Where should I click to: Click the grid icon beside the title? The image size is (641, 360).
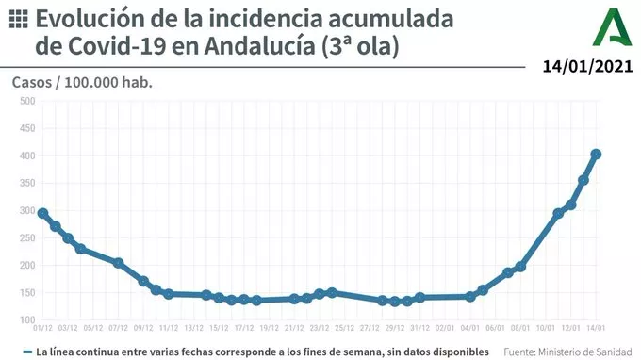[18, 19]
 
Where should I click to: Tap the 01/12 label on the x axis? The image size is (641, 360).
[42, 329]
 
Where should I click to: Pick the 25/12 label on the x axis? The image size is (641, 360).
[344, 329]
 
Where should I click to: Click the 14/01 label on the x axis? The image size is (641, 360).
[595, 329]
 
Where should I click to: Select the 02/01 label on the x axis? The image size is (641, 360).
[445, 329]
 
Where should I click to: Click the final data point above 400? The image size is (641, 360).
[596, 154]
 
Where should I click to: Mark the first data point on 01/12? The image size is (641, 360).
[42, 213]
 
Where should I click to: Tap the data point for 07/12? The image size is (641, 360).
[119, 263]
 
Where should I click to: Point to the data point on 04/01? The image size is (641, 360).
[470, 297]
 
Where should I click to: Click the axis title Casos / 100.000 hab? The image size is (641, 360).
[82, 82]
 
